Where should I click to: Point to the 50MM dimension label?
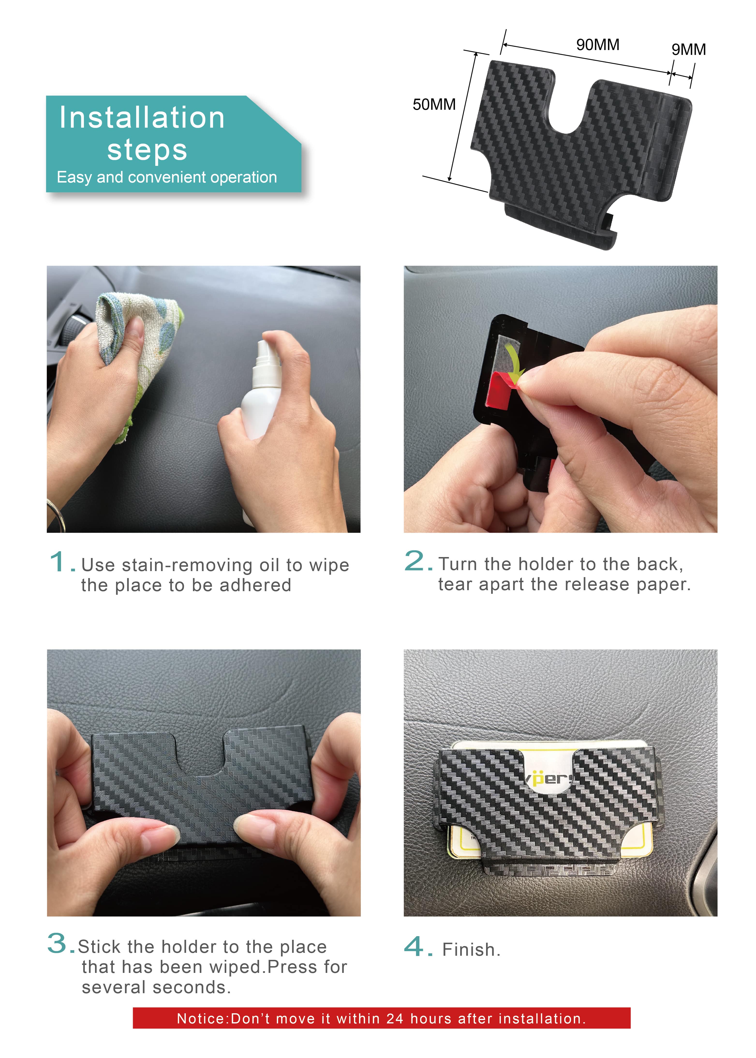[434, 105]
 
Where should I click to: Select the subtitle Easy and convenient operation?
[167, 177]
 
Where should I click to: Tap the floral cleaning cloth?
[135, 344]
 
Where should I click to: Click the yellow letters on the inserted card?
[549, 778]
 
